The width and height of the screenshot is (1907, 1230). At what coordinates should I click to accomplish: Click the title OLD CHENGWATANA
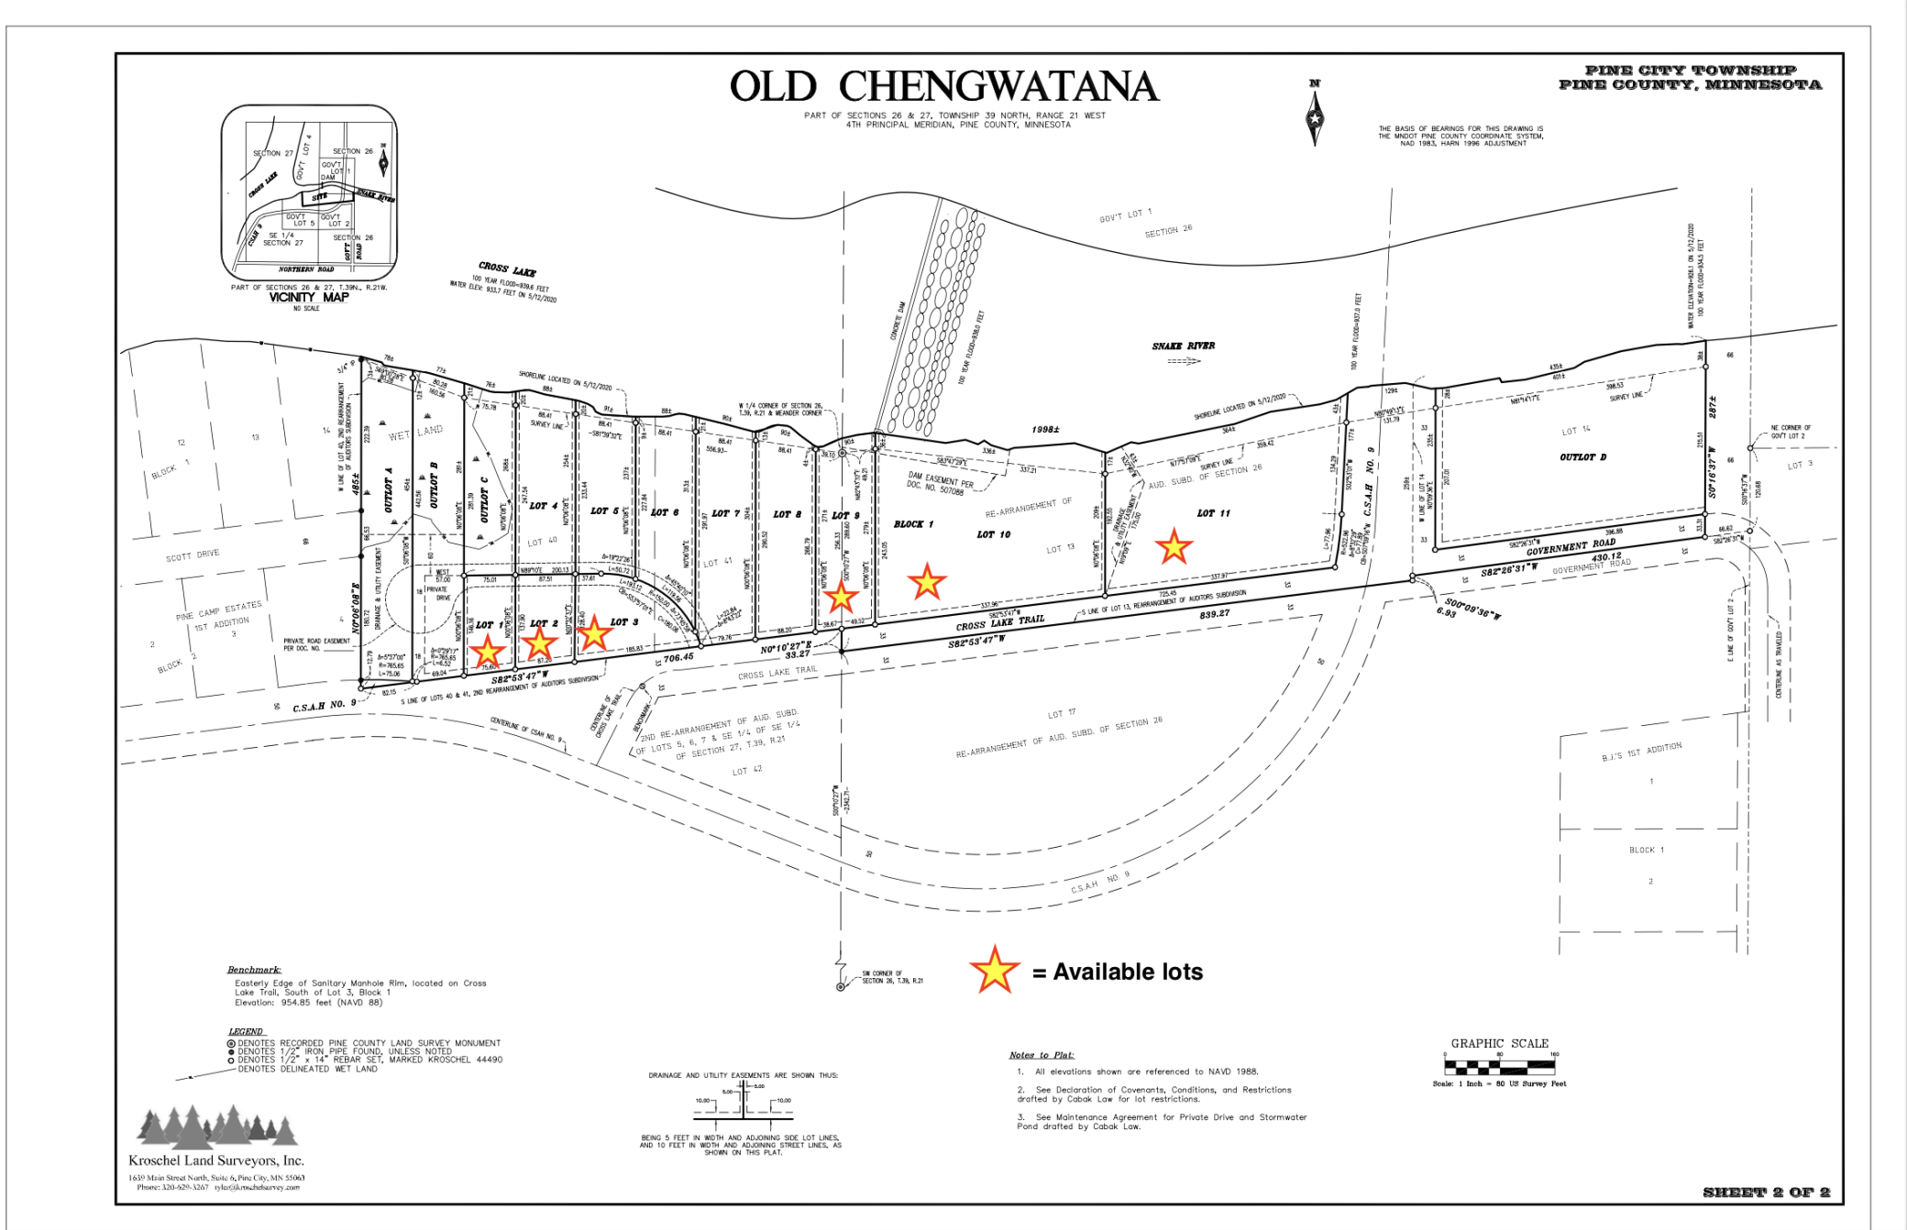(943, 87)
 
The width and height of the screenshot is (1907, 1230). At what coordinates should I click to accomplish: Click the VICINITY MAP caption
(308, 297)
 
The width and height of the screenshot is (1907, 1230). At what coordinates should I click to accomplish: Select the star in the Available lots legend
(994, 971)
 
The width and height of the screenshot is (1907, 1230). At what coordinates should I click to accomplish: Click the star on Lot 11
(1174, 546)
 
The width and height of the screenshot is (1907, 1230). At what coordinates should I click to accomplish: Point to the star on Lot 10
(927, 581)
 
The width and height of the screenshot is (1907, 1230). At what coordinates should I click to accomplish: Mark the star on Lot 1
(488, 651)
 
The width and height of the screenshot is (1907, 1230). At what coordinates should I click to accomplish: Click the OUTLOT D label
(1582, 456)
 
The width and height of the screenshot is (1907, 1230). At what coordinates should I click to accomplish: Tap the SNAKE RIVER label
(1183, 346)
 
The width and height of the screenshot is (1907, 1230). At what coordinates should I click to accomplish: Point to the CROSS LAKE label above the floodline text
(507, 269)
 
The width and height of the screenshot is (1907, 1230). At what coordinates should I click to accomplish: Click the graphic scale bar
(1499, 1067)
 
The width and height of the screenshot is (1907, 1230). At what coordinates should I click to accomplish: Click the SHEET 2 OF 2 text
(1766, 1192)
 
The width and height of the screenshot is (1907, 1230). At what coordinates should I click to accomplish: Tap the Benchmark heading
(254, 970)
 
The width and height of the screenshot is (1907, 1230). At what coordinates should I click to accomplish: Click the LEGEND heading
(246, 1031)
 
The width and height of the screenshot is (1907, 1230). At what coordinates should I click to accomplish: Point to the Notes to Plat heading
(1042, 1055)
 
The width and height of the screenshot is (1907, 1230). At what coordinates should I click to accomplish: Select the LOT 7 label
(725, 513)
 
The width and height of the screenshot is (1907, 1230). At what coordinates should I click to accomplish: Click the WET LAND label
(415, 433)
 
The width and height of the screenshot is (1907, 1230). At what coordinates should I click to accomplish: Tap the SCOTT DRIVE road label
(193, 555)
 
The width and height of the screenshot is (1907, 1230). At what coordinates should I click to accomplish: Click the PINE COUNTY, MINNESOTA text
(1690, 85)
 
